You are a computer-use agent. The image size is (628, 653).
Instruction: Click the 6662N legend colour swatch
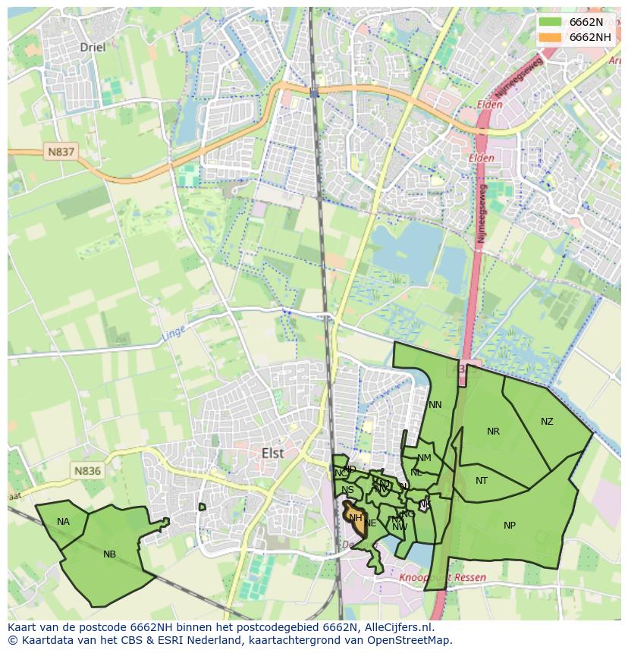point(551,22)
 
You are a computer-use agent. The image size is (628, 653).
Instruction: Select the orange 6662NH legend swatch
point(551,37)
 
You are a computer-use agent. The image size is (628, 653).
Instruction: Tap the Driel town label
point(93,47)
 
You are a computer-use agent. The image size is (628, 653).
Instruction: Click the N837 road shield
point(61,152)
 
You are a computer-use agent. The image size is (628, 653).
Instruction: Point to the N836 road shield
point(87,471)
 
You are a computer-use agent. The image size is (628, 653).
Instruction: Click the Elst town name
point(272,453)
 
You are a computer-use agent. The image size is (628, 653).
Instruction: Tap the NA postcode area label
point(63,522)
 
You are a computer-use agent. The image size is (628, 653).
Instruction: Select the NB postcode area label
point(109,554)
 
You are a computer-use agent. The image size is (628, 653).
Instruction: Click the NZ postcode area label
point(547,422)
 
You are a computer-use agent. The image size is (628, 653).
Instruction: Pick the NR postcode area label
point(493,432)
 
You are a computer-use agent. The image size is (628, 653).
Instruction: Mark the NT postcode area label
point(482,481)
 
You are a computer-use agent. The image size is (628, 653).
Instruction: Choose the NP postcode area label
point(510,526)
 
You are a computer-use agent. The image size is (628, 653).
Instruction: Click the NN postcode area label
point(435,405)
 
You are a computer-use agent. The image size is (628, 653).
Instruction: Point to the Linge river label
point(174,333)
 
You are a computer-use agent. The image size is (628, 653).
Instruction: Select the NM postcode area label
point(424,458)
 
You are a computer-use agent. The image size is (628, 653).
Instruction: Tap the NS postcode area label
point(347,490)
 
